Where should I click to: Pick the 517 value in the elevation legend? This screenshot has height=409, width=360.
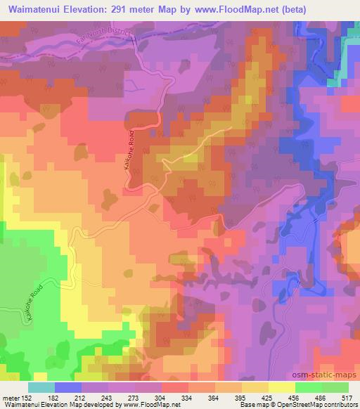coord(347,397)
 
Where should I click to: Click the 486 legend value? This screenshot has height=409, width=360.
coord(320,397)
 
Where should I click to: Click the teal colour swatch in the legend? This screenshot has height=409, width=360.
coord(41,387)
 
